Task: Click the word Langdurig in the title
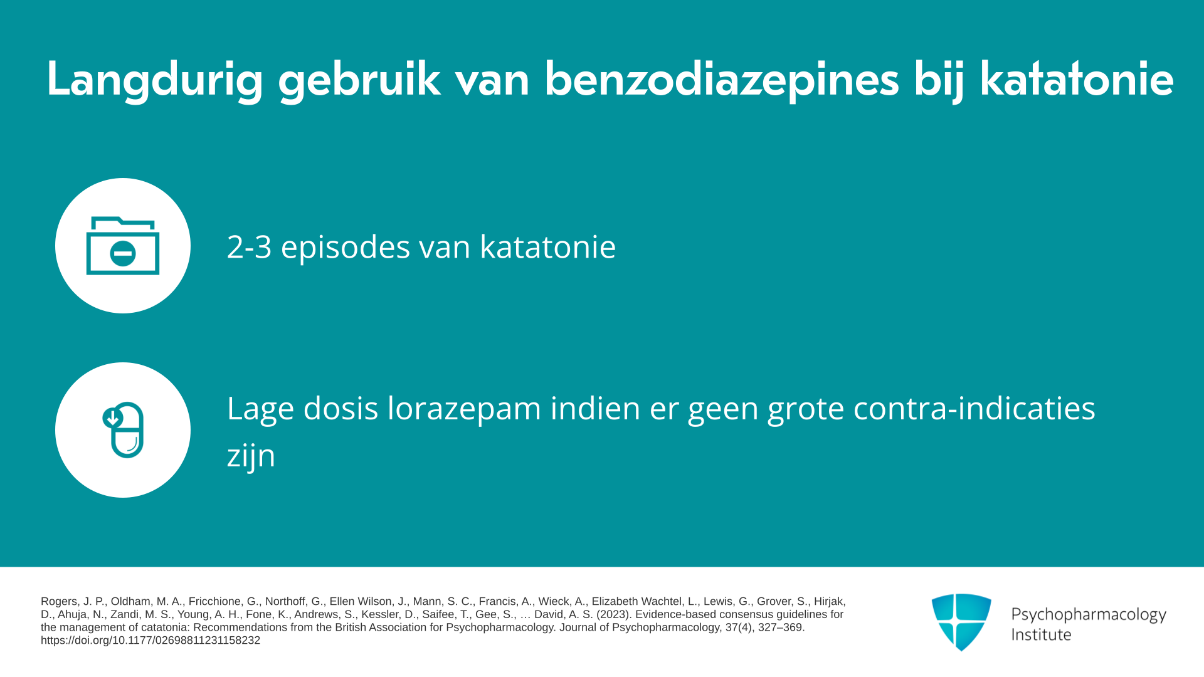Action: [x=155, y=80]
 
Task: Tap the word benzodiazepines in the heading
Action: [x=722, y=80]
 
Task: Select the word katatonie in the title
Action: [x=1077, y=80]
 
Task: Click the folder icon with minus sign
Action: [x=123, y=246]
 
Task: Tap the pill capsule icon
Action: [x=124, y=430]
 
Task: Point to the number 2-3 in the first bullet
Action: [x=249, y=246]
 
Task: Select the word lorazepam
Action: [x=464, y=409]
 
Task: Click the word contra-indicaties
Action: [x=974, y=407]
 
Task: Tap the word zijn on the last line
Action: [x=251, y=456]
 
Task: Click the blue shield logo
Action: [x=961, y=622]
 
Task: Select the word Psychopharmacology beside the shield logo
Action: [x=1089, y=614]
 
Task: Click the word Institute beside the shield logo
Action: [x=1041, y=634]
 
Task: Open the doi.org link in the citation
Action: [x=150, y=640]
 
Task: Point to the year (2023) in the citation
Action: [x=613, y=614]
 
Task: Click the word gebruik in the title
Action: [x=359, y=80]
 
